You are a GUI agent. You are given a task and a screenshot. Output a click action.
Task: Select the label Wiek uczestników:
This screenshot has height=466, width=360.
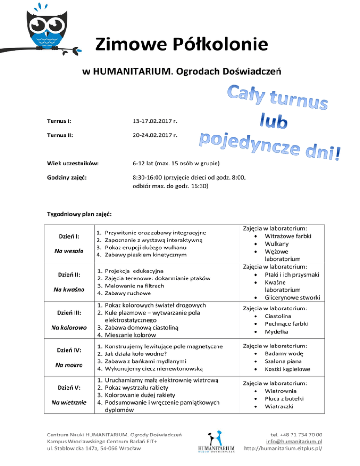click(x=73, y=164)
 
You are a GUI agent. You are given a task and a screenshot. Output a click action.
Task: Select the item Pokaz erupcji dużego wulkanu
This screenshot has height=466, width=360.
click(x=152, y=247)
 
